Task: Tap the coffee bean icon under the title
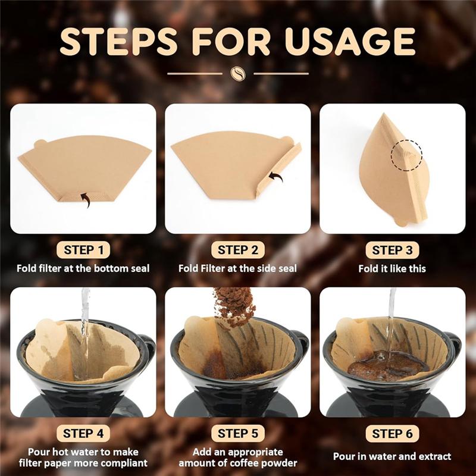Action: tap(237, 73)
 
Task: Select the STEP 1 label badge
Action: tap(83, 250)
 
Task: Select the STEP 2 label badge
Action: tap(238, 250)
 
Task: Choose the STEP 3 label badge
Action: tap(393, 250)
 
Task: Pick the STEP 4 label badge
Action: tap(83, 433)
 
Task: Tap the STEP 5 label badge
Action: tap(238, 433)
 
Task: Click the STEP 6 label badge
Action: tap(393, 433)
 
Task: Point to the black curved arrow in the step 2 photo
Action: tap(275, 176)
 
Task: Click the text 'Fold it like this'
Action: tap(392, 268)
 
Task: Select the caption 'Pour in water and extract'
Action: tap(392, 457)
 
